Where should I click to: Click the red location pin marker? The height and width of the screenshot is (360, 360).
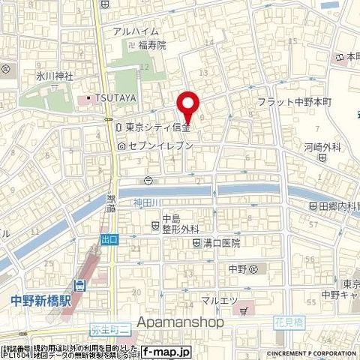pyautogui.click(x=187, y=106)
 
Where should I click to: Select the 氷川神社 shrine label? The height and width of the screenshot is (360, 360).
pyautogui.click(x=32, y=76)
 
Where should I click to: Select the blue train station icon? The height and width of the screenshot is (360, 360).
pyautogui.click(x=80, y=286)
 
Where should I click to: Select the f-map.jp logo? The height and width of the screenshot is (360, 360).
pyautogui.click(x=166, y=350)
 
